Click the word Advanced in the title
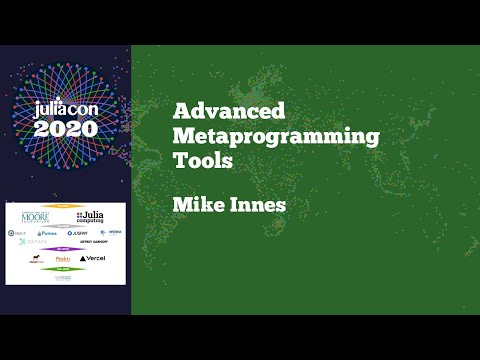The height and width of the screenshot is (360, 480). [x=229, y=111]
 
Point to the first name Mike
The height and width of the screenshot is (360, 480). [x=195, y=205]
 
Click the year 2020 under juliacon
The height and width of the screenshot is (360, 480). [x=66, y=129]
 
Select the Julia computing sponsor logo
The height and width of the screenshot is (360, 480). [x=89, y=216]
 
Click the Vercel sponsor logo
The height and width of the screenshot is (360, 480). [x=92, y=258]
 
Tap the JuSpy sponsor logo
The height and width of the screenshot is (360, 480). [x=78, y=232]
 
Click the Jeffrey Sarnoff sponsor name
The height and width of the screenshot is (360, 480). [x=92, y=242]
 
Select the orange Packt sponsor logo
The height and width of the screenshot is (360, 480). [x=63, y=258]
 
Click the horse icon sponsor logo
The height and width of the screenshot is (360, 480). [x=35, y=258]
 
